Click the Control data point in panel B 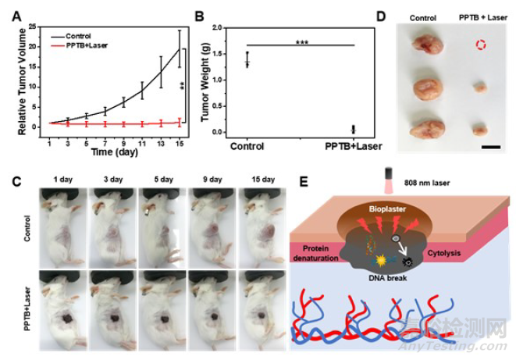tap(247, 61)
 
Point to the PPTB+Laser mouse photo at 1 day tap(66, 302)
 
